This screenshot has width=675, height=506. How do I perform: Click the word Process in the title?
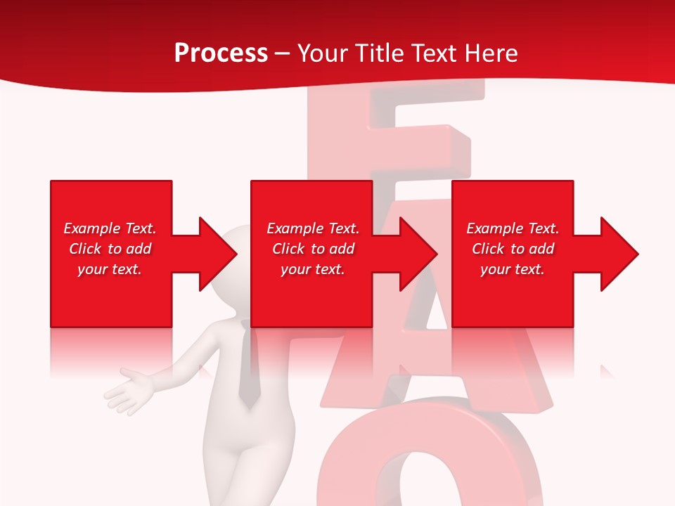221,53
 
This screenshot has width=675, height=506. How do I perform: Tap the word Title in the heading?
377,53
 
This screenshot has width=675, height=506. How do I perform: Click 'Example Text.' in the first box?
110,228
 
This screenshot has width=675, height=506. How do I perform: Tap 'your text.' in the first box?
110,269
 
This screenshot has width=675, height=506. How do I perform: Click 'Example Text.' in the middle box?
313,228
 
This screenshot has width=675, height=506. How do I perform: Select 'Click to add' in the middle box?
313,249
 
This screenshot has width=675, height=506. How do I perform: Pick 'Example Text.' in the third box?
513,228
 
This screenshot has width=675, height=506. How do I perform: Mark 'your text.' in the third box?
513,269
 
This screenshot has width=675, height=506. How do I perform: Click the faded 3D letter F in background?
408,141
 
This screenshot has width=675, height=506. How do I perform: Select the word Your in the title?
323,53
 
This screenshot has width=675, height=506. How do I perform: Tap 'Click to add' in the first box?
110,249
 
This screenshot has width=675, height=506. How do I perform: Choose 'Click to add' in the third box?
513,249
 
